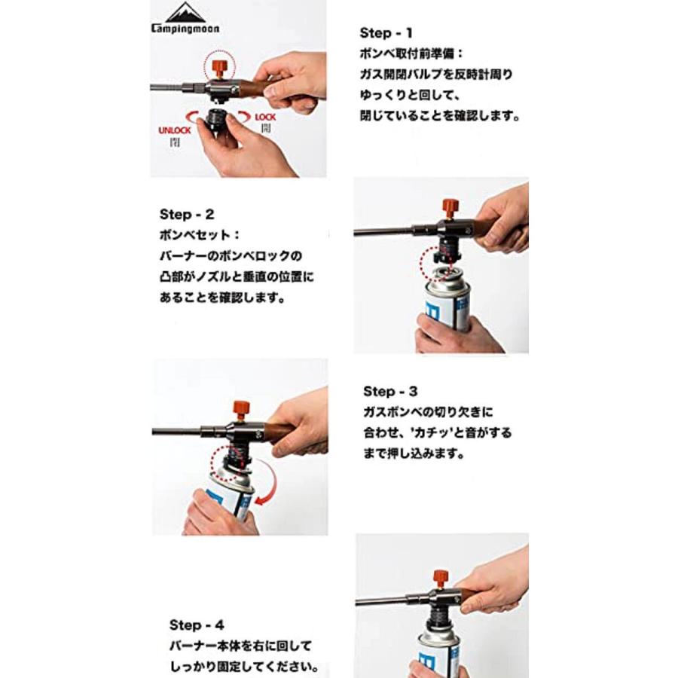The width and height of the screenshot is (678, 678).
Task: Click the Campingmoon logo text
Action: pyautogui.click(x=185, y=29)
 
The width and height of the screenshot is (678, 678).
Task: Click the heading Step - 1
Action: pyautogui.click(x=386, y=32)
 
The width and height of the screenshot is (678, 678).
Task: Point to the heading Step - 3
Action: pyautogui.click(x=389, y=391)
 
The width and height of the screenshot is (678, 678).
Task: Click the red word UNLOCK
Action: pyautogui.click(x=174, y=130)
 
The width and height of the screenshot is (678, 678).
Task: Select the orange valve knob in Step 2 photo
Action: pyautogui.click(x=451, y=206)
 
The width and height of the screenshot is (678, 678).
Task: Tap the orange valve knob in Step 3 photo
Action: pyautogui.click(x=242, y=412)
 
